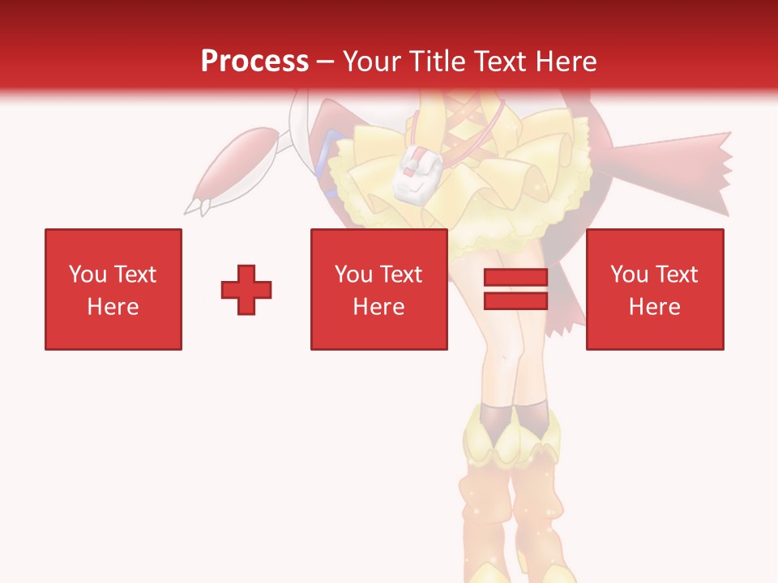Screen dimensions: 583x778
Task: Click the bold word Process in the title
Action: coord(254,61)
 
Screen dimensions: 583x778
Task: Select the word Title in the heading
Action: coord(437,61)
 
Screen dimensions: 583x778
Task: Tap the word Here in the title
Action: coord(565,61)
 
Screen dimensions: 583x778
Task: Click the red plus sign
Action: coord(246,289)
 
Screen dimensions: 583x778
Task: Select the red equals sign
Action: coord(515,289)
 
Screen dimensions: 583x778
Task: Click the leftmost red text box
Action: coord(113,289)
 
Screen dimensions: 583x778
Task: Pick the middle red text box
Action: coord(378,289)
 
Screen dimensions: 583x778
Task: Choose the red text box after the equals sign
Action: coord(654,289)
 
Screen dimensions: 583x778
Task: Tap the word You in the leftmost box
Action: coord(88,274)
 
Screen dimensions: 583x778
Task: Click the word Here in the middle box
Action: coord(378,307)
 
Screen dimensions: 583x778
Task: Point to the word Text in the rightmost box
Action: coord(676,274)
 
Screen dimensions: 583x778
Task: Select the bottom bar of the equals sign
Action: coord(515,300)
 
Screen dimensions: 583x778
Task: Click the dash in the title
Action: coord(326,61)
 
